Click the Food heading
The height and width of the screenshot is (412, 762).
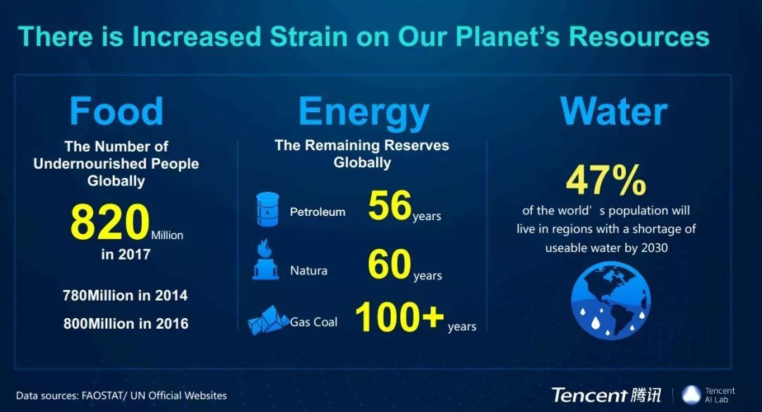[116, 111]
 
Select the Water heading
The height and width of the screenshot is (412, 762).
[614, 111]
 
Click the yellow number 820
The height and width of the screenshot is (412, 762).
[110, 222]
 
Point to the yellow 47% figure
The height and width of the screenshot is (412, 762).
[606, 180]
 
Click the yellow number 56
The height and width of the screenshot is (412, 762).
[389, 205]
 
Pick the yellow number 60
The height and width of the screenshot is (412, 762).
[389, 265]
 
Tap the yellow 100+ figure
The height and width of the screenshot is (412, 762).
[399, 317]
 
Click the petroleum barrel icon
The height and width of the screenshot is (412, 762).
[268, 210]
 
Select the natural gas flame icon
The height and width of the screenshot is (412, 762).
[265, 260]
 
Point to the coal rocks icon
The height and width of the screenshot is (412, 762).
[268, 320]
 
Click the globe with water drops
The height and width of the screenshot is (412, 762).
[611, 301]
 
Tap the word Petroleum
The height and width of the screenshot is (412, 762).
[317, 212]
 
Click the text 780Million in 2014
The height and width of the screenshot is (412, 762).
[125, 296]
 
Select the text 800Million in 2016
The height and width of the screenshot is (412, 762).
[126, 324]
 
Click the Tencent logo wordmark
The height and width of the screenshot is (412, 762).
[606, 395]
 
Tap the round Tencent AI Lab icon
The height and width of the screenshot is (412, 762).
[691, 395]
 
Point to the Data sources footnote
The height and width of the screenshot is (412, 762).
[121, 396]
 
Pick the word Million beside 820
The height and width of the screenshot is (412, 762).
[167, 235]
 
